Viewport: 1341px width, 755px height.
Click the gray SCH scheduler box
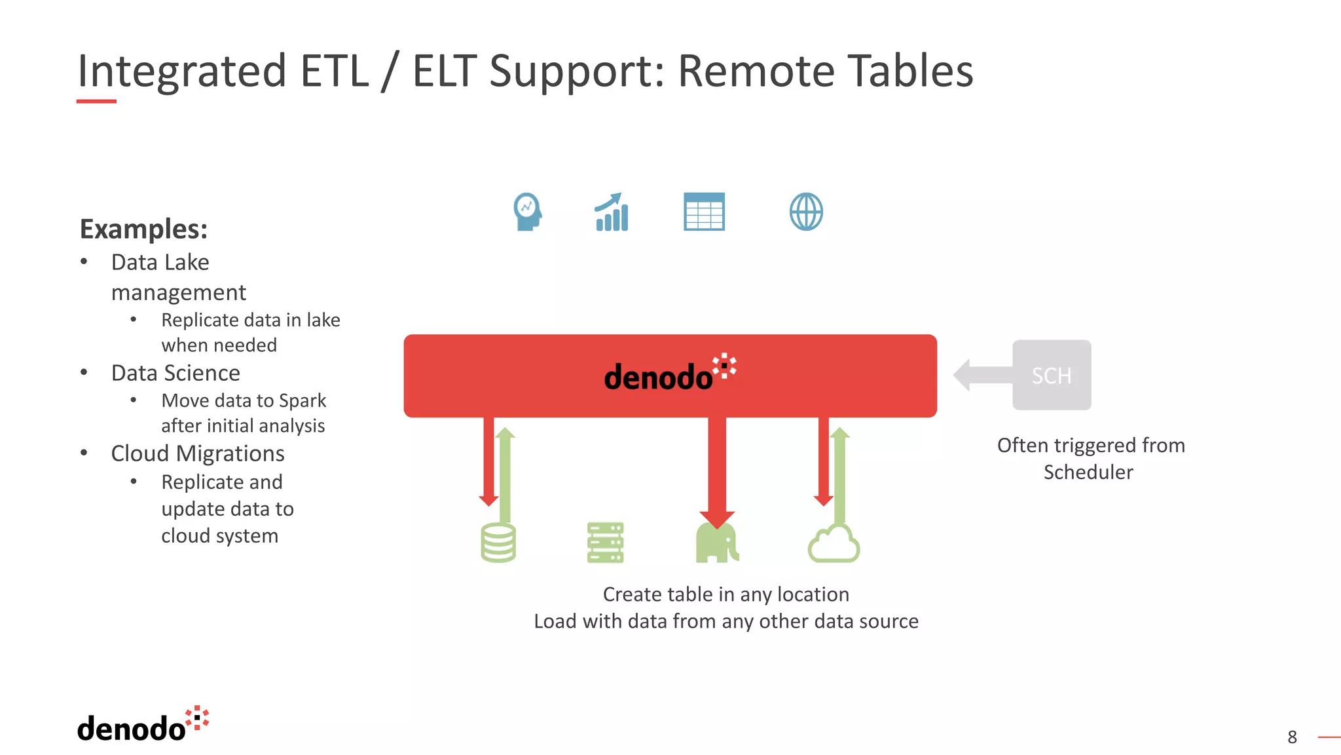pyautogui.click(x=1052, y=375)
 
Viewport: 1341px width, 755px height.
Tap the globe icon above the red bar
pyautogui.click(x=806, y=212)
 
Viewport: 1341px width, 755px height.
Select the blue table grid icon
pyautogui.click(x=704, y=212)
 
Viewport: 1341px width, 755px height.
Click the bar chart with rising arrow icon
pyautogui.click(x=612, y=212)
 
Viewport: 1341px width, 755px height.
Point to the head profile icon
pyautogui.click(x=527, y=212)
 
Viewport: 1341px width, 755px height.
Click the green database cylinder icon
pyautogui.click(x=498, y=543)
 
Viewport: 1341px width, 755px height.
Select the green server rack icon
pyautogui.click(x=605, y=543)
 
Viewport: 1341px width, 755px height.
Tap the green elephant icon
pyautogui.click(x=717, y=544)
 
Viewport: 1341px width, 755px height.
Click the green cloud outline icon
pyautogui.click(x=834, y=544)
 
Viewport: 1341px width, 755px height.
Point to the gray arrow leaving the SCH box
pyautogui.click(x=982, y=375)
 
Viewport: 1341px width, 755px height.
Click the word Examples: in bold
pyautogui.click(x=143, y=229)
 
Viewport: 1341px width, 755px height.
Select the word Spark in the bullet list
pyautogui.click(x=303, y=400)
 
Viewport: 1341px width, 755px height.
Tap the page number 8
pyautogui.click(x=1292, y=737)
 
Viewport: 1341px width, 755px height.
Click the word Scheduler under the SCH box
pyautogui.click(x=1088, y=473)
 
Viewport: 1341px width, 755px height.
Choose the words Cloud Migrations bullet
pyautogui.click(x=198, y=454)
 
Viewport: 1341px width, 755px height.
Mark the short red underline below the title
pyautogui.click(x=96, y=102)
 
